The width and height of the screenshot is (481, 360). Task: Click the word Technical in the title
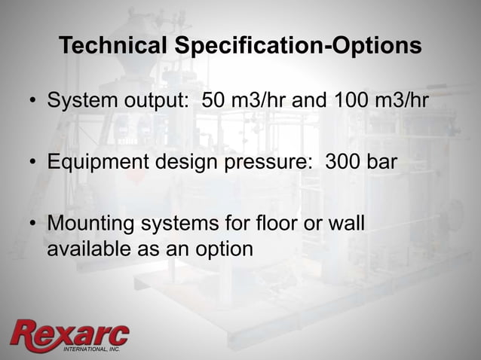coord(112,46)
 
